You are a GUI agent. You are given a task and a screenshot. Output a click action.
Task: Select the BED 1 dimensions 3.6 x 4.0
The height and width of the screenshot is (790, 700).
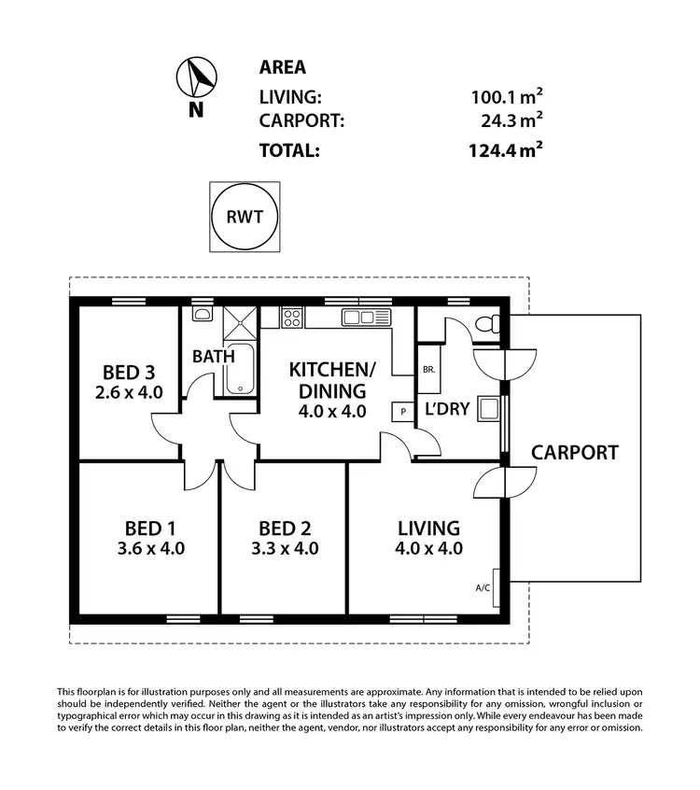coord(143,548)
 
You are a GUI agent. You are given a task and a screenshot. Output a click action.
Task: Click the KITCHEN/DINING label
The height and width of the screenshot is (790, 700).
coord(327,378)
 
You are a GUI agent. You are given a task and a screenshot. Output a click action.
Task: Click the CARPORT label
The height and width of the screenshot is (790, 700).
coord(574,453)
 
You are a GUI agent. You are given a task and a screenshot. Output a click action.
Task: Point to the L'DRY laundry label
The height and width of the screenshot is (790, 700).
coord(447,410)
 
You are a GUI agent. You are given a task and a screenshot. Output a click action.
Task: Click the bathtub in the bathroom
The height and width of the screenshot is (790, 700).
coord(239,370)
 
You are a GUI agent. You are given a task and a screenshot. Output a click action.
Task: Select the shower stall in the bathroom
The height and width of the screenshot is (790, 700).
coord(239,324)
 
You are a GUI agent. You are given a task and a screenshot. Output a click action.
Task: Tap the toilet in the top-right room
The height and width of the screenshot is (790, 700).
coord(487,327)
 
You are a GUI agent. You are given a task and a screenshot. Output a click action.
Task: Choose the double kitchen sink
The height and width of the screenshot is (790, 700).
coord(364,317)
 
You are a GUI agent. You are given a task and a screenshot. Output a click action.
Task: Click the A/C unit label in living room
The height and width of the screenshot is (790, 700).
coord(483,587)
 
